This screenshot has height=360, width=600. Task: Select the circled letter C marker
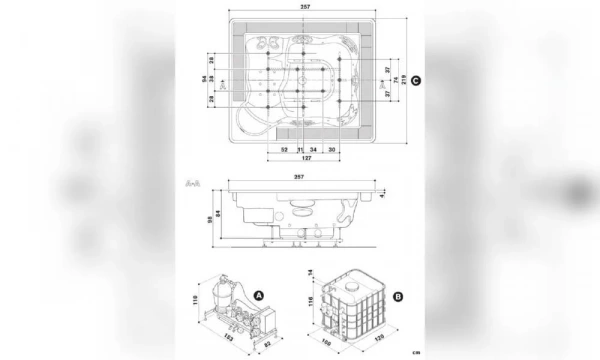point(415,80)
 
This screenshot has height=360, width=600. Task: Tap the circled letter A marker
point(258,296)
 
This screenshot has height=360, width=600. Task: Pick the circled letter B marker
point(398,296)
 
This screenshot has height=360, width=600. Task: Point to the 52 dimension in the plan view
point(284,149)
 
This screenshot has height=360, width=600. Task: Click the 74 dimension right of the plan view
point(395,80)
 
